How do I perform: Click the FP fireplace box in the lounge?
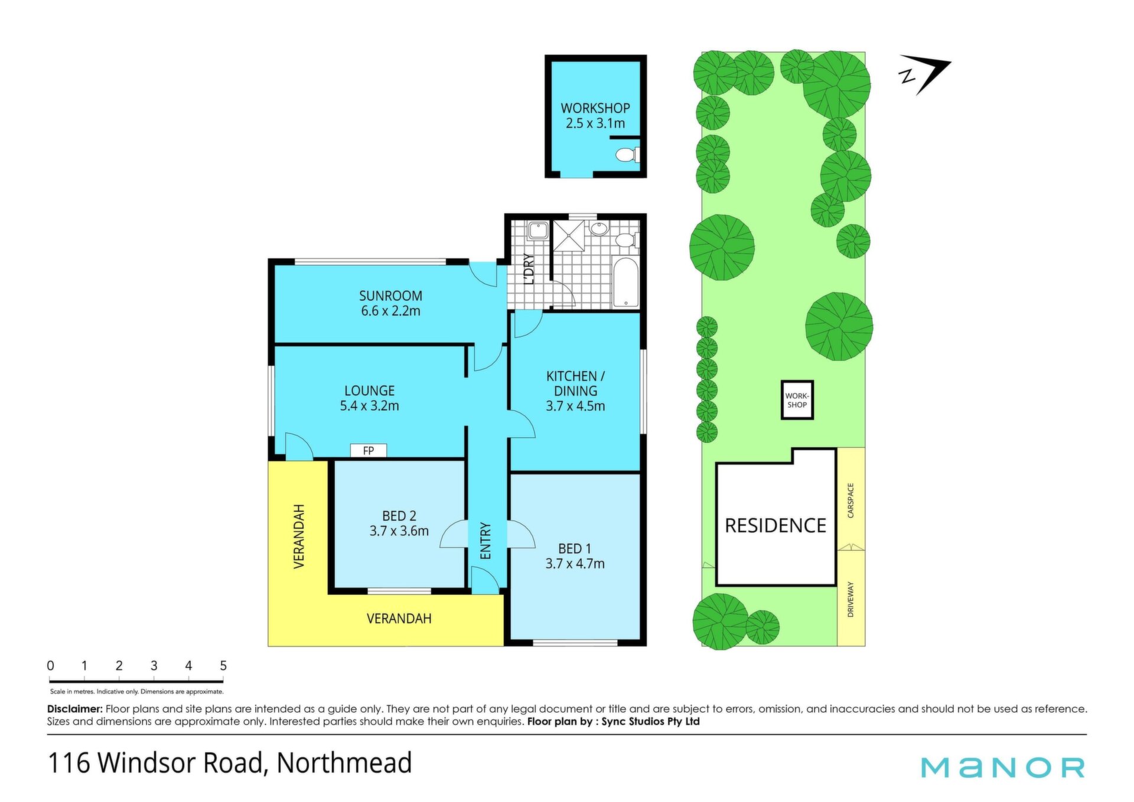click(369, 450)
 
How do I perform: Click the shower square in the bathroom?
click(568, 236)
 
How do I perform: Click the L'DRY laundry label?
click(529, 269)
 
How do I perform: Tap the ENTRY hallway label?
click(485, 541)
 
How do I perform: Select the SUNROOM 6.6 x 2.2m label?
click(390, 303)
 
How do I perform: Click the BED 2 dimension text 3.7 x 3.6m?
click(399, 531)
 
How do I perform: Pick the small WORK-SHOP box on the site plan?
click(797, 400)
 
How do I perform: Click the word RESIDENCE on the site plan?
click(775, 525)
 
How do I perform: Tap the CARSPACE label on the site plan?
click(850, 501)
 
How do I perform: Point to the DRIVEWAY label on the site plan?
click(850, 599)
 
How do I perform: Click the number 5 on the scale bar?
click(223, 665)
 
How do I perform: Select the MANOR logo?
click(1003, 767)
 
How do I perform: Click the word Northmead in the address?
click(344, 762)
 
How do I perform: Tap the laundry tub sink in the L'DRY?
click(538, 230)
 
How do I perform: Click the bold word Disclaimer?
click(75, 709)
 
